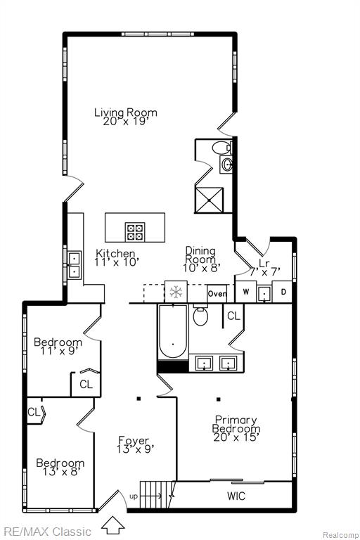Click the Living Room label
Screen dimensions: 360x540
(126, 117)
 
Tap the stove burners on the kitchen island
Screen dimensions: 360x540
(135, 231)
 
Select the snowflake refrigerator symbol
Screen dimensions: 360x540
(176, 292)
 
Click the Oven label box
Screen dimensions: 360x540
(217, 294)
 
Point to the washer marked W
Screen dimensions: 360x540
(245, 292)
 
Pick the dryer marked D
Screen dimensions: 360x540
(283, 292)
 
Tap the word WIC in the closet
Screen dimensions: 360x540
(236, 496)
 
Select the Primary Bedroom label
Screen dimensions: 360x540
(236, 428)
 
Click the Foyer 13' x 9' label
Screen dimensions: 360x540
(134, 444)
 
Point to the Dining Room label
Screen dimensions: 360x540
(201, 259)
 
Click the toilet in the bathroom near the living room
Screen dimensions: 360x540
(222, 148)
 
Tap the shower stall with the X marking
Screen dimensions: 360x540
(209, 200)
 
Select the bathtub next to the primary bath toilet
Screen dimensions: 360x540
(173, 331)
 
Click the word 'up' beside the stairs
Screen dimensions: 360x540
(134, 496)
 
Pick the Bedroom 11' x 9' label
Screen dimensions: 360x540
(58, 347)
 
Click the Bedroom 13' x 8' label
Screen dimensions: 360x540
(60, 467)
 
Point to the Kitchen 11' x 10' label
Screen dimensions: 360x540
(115, 257)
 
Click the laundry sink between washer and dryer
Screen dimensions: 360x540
(264, 294)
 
